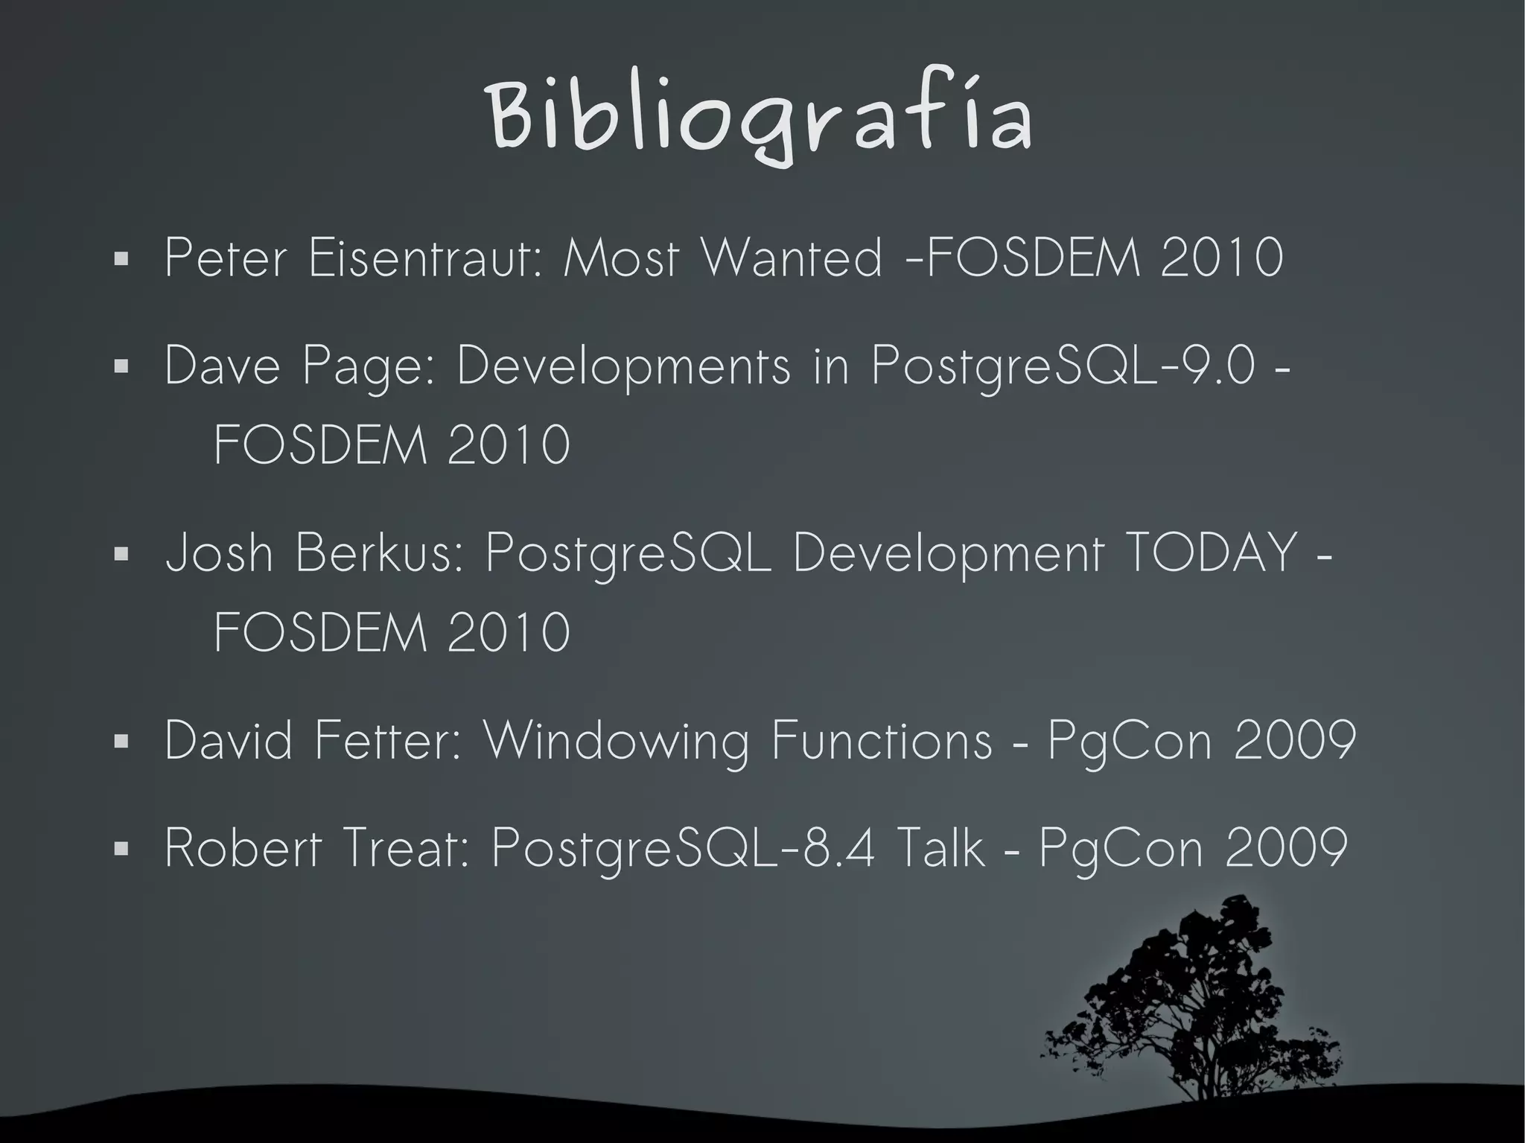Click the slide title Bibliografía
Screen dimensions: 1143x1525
pos(760,119)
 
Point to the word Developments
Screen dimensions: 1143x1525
pos(623,367)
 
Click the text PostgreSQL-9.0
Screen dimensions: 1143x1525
pos(1063,367)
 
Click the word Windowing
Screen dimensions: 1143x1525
pos(617,742)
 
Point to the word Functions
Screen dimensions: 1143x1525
pos(882,740)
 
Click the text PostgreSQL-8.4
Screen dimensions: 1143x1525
pos(684,849)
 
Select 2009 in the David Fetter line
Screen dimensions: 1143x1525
pos(1294,740)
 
